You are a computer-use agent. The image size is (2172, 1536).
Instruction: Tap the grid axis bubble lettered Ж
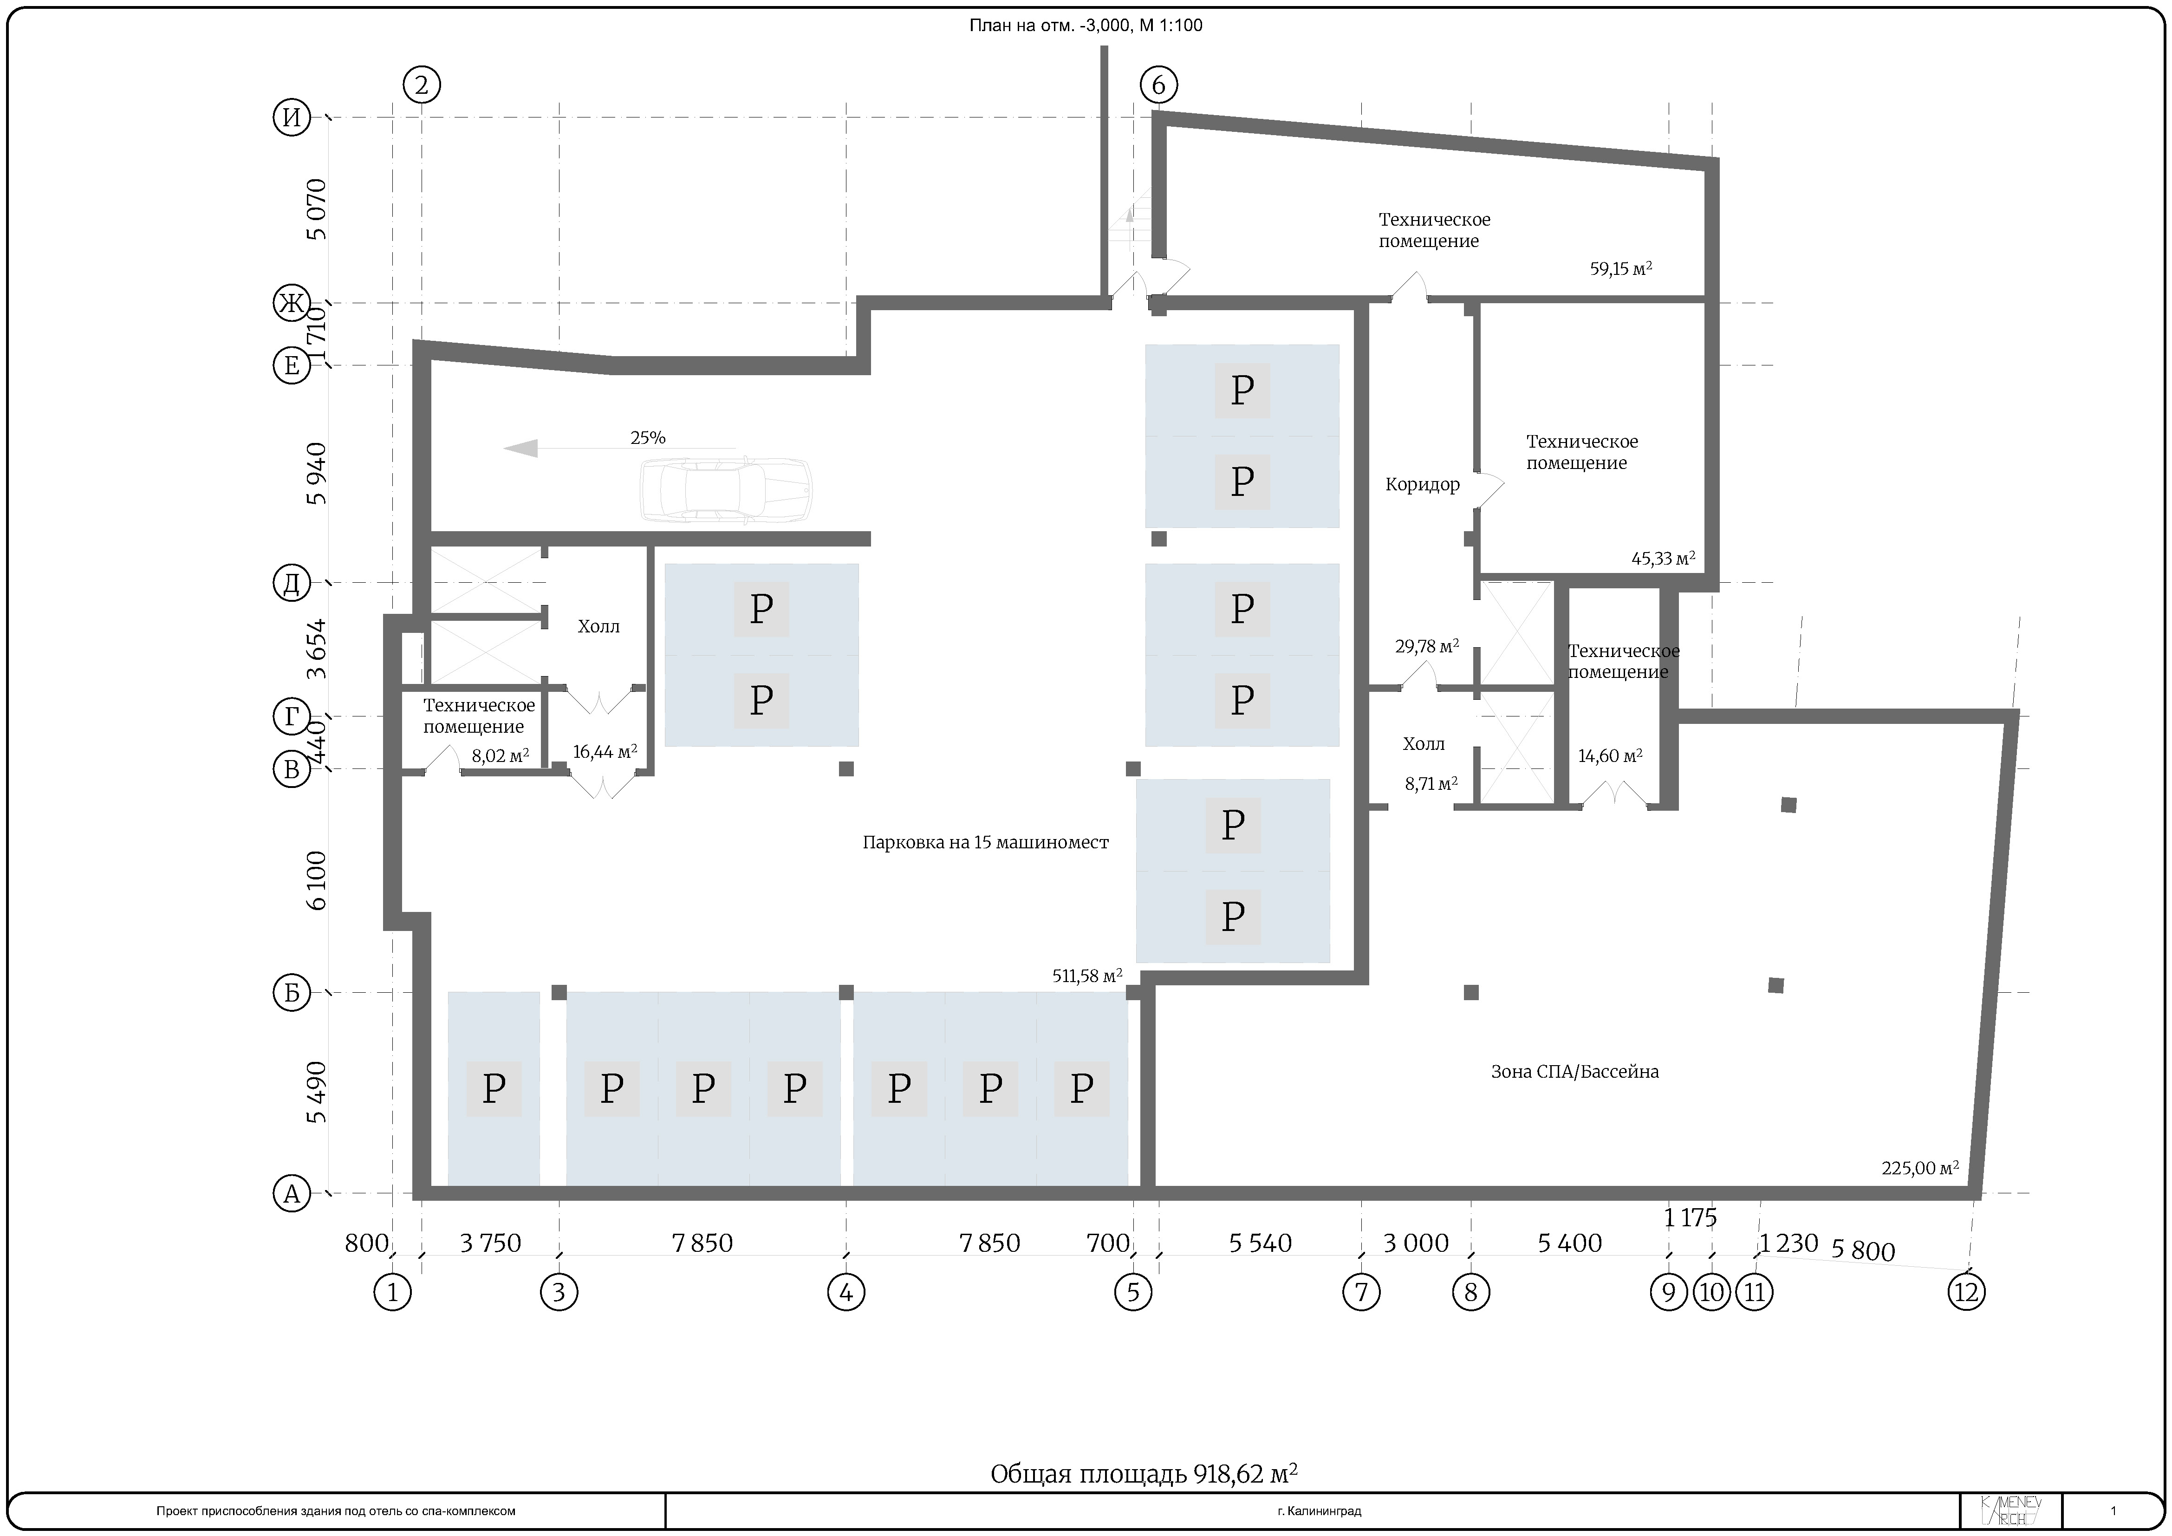pos(292,304)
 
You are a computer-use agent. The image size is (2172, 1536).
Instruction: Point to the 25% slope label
pos(648,438)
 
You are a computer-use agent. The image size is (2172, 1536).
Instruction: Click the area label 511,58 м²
pos(1088,975)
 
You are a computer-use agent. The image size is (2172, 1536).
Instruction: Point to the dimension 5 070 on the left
pos(317,209)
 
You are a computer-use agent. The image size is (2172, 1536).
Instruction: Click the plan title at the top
pos(1086,26)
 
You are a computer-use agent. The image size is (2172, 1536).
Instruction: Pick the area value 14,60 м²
pos(1610,756)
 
